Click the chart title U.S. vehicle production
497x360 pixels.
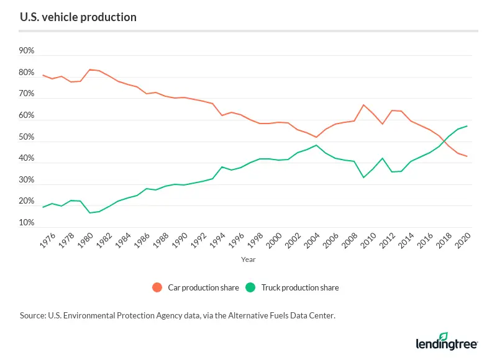point(78,17)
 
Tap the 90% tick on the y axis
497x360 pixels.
point(27,51)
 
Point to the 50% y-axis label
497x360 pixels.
point(27,137)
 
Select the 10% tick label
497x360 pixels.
point(27,223)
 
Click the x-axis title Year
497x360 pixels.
point(248,260)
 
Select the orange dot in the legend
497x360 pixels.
point(157,287)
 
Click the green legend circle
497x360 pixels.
point(250,287)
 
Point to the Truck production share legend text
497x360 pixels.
point(300,288)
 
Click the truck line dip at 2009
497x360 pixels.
point(363,178)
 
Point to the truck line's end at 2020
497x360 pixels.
point(467,126)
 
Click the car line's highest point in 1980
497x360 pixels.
point(90,70)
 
